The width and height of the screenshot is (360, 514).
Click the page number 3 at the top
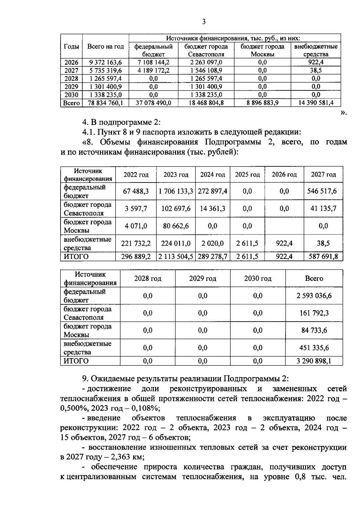[204, 22]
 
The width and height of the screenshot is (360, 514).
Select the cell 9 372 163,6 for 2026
[106, 62]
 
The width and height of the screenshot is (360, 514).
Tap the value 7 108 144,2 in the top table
[153, 62]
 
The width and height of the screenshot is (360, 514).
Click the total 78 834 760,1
[106, 103]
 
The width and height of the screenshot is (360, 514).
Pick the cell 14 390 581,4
[316, 103]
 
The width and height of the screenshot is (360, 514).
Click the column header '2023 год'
[176, 175]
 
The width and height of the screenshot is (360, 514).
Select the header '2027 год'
[323, 175]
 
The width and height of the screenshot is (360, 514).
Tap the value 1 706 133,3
[176, 191]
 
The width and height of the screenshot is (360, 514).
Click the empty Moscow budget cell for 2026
[284, 226]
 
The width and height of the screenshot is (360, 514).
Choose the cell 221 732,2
[136, 243]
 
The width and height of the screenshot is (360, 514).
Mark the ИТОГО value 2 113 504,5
[176, 257]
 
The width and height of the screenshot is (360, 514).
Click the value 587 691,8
[323, 257]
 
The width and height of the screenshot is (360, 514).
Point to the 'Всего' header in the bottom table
[314, 278]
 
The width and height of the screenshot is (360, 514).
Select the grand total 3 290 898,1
[314, 361]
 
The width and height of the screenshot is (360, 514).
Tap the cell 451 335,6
[314, 348]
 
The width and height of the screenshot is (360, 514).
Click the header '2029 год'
[202, 278]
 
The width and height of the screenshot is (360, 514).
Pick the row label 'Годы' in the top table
[71, 47]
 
